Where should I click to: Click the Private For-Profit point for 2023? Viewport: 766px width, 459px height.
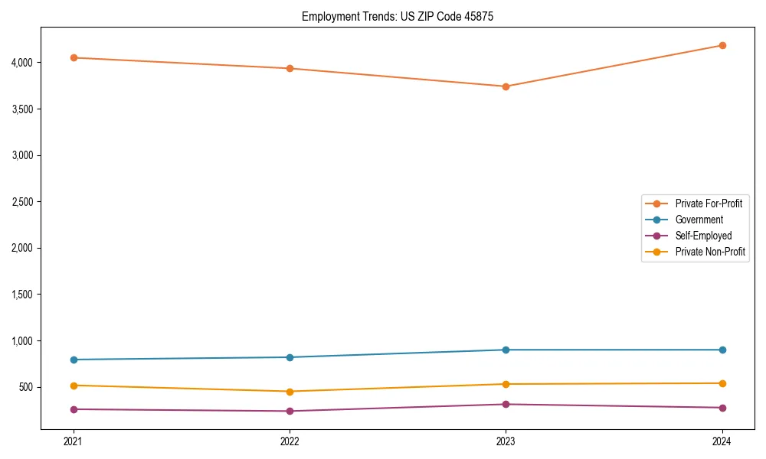[x=506, y=86]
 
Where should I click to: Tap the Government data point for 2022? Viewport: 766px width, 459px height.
[x=290, y=357]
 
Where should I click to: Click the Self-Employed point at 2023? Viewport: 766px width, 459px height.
[x=506, y=404]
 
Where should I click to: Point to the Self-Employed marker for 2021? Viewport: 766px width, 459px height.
[x=74, y=409]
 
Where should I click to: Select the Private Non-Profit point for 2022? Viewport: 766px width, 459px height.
[x=290, y=392]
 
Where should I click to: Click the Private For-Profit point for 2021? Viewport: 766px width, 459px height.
[x=74, y=57]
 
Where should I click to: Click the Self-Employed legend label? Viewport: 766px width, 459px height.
[x=703, y=236]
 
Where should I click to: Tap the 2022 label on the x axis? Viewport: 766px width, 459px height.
[x=290, y=441]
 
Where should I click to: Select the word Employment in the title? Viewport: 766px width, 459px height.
[x=327, y=16]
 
